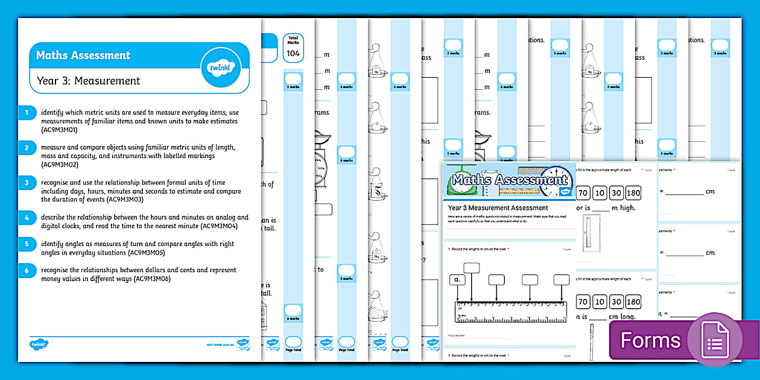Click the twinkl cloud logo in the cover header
click(220, 68)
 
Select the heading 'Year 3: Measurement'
click(88, 81)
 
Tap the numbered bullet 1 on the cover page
click(27, 113)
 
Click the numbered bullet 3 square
click(27, 183)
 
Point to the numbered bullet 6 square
click(27, 271)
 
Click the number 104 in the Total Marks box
click(293, 54)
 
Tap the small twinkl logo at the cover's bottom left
click(39, 344)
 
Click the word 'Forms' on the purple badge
click(650, 341)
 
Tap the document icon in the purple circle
click(715, 340)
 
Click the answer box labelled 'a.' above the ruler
click(458, 280)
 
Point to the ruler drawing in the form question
click(511, 311)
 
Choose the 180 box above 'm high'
click(633, 193)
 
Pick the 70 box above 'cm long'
click(583, 302)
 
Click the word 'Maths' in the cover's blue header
click(53, 55)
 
